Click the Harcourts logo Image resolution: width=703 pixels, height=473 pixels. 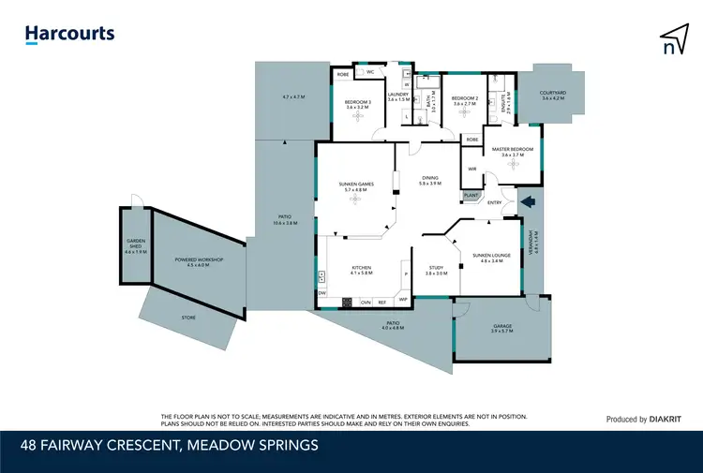pyautogui.click(x=69, y=34)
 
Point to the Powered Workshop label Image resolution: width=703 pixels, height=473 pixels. pyautogui.click(x=197, y=262)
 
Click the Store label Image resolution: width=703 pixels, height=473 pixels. pyautogui.click(x=188, y=318)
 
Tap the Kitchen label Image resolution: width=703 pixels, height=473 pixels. pyautogui.click(x=361, y=270)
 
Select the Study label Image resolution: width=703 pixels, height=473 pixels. pyautogui.click(x=436, y=270)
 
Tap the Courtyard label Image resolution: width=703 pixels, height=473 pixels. pyautogui.click(x=556, y=95)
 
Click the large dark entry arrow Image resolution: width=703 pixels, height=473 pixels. pyautogui.click(x=527, y=200)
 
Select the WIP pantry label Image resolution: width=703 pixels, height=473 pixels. pyautogui.click(x=403, y=302)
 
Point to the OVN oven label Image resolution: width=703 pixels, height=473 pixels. pyautogui.click(x=366, y=302)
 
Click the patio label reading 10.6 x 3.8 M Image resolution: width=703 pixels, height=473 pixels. pyautogui.click(x=285, y=220)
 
